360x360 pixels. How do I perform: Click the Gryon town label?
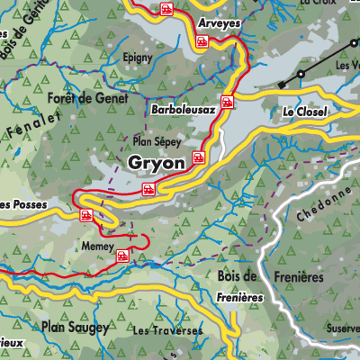tap(157, 163)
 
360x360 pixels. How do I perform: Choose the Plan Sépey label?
tap(157, 141)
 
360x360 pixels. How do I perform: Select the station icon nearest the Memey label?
tap(120, 256)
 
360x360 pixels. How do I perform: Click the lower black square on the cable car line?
tap(282, 84)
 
